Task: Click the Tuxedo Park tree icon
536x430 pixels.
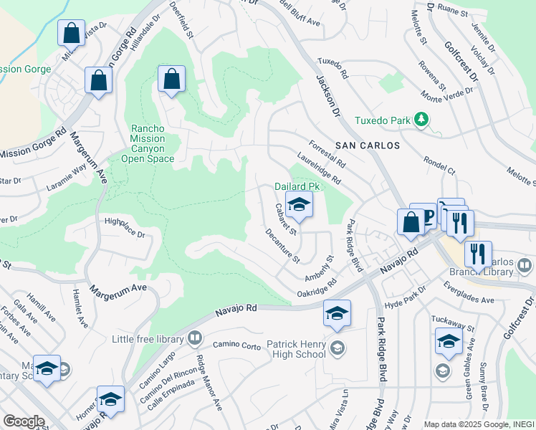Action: tap(422, 120)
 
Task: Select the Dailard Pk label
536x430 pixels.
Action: tap(296, 186)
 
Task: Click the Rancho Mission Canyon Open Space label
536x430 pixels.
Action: tap(148, 143)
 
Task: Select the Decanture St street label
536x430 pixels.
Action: tap(282, 244)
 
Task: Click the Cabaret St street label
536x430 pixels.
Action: tap(286, 219)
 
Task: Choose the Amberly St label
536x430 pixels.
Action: tap(320, 268)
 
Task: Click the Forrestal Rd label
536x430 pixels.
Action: tap(327, 153)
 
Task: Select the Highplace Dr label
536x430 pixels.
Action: tap(125, 229)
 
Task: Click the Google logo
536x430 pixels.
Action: tap(24, 421)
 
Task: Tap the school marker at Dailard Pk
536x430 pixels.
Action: tap(299, 206)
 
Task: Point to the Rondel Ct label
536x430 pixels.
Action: tap(439, 166)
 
